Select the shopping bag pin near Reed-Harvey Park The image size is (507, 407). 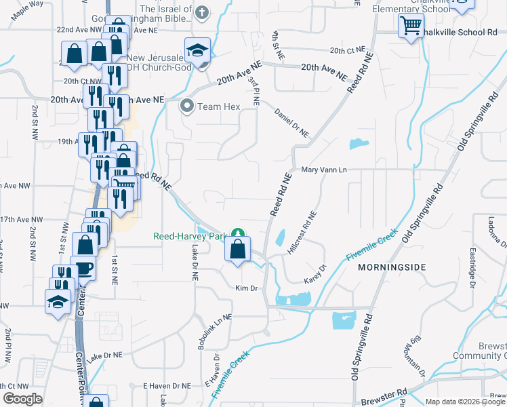(x=237, y=250)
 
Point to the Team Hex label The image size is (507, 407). (x=216, y=106)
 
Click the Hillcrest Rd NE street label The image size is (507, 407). (x=302, y=233)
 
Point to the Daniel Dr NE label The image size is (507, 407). (x=292, y=123)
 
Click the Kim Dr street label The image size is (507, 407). (x=247, y=288)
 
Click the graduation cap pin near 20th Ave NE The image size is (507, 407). (x=197, y=51)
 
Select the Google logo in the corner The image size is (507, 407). (x=22, y=399)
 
